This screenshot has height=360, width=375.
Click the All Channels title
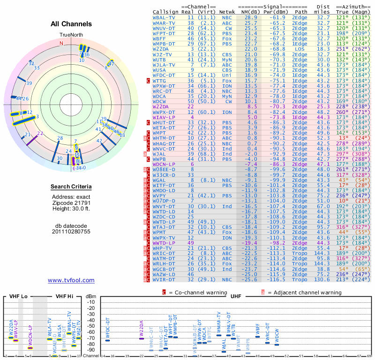[71, 24]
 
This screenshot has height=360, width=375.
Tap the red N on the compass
[61, 43]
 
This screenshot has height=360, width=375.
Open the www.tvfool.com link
[71, 280]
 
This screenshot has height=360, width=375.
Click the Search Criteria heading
[71, 187]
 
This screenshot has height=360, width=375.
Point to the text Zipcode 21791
[71, 203]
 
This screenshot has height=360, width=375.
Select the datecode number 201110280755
[71, 232]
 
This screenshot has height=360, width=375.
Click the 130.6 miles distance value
[323, 280]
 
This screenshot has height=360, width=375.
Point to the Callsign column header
[166, 12]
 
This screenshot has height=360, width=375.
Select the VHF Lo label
[18, 296]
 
